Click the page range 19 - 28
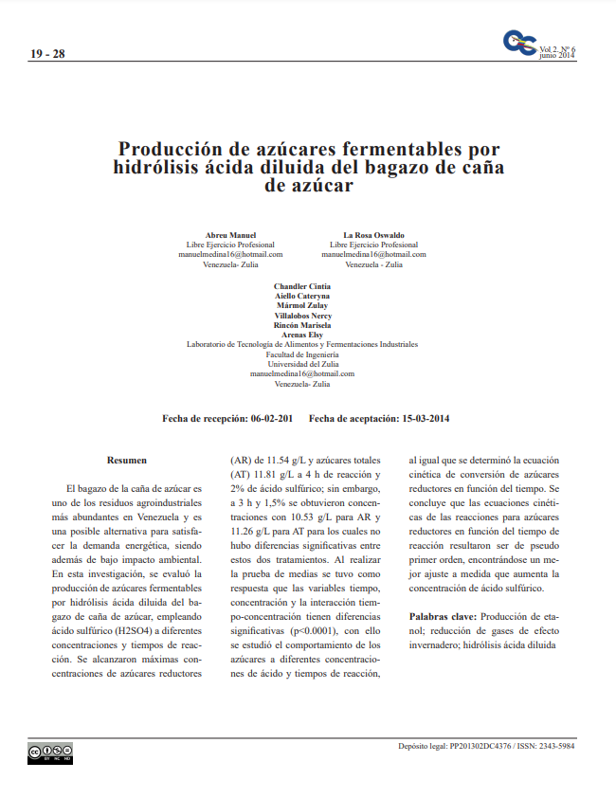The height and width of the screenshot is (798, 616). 46,53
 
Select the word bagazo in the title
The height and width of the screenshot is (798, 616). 397,168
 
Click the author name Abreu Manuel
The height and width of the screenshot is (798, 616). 230,234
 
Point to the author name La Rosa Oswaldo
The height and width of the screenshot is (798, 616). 373,234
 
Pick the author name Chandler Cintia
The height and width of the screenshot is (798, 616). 302,286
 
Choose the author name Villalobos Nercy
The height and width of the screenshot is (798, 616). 302,316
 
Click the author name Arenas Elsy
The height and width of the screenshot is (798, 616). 302,335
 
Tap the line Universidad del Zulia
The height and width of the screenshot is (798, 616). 302,364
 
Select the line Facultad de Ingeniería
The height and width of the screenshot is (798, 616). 302,354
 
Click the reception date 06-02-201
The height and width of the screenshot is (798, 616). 271,418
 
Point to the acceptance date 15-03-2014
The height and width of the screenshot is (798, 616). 426,418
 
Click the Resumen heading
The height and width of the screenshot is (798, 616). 126,460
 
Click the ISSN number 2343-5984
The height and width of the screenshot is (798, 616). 553,746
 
